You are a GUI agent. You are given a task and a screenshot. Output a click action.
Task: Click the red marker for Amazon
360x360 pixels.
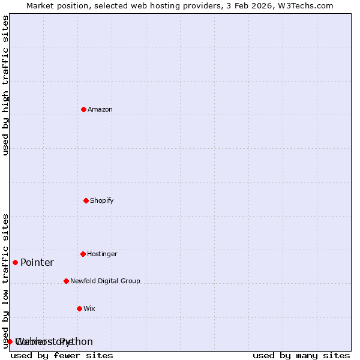[x=83, y=109]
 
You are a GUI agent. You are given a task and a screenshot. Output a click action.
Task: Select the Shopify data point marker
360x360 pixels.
[x=86, y=200]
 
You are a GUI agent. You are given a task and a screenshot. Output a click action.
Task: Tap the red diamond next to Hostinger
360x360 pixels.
[x=83, y=254]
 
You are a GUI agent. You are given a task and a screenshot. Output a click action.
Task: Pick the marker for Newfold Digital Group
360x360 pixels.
[x=66, y=281]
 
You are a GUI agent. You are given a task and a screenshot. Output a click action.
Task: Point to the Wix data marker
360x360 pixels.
[x=79, y=308]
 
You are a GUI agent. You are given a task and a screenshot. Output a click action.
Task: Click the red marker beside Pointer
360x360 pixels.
[x=15, y=262]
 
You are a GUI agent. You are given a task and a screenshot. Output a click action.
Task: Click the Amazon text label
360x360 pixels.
[x=100, y=109]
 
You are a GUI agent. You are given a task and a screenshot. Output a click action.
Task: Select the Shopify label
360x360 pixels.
[x=102, y=200]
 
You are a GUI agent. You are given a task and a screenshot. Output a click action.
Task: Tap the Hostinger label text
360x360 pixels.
[x=102, y=254]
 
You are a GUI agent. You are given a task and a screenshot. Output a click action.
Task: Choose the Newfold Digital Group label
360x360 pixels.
[x=105, y=281]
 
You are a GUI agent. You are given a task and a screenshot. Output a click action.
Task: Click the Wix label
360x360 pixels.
[x=89, y=308]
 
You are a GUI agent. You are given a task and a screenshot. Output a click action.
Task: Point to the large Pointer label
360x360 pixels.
[x=37, y=262]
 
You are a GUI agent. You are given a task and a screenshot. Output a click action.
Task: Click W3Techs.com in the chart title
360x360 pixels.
[x=310, y=5]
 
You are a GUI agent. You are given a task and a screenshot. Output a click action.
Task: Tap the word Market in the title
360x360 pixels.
[x=41, y=5]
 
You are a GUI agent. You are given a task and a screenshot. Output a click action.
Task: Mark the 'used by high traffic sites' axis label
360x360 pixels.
[x=5, y=85]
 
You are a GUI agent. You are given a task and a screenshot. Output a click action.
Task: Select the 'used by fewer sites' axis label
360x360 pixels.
[x=62, y=355]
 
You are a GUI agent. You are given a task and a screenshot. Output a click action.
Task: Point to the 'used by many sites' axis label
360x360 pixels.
[x=301, y=355]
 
